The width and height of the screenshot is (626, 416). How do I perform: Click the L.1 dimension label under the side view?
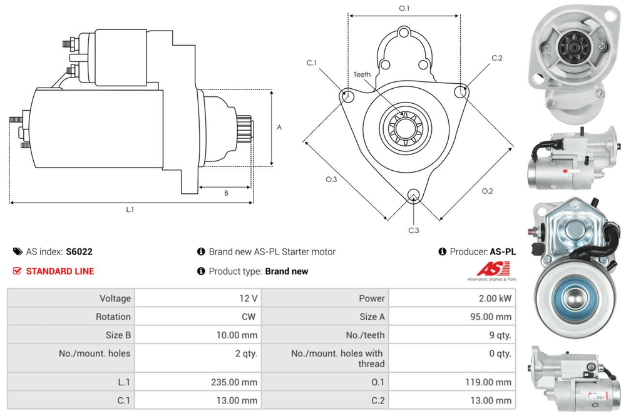130,210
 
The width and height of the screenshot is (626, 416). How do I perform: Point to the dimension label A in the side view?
279,128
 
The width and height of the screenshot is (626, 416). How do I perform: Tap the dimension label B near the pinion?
226,193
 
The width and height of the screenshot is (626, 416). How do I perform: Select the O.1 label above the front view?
404,9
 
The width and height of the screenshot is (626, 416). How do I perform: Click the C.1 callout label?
311,63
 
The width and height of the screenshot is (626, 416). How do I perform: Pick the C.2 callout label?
496,58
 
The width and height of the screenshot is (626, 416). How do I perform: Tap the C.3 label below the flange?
413,230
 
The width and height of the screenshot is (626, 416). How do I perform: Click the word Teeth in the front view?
362,74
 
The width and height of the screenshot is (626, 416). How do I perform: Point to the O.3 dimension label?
331,180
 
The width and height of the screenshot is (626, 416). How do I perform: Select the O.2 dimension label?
487,191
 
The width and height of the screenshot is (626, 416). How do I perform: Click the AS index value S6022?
79,251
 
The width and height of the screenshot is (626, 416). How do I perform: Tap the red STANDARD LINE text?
60,271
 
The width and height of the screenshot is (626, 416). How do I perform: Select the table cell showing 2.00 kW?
495,298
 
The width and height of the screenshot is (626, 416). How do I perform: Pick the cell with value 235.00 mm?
236,382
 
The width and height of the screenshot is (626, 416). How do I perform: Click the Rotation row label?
113,317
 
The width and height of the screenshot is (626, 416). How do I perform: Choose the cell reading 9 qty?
498,335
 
